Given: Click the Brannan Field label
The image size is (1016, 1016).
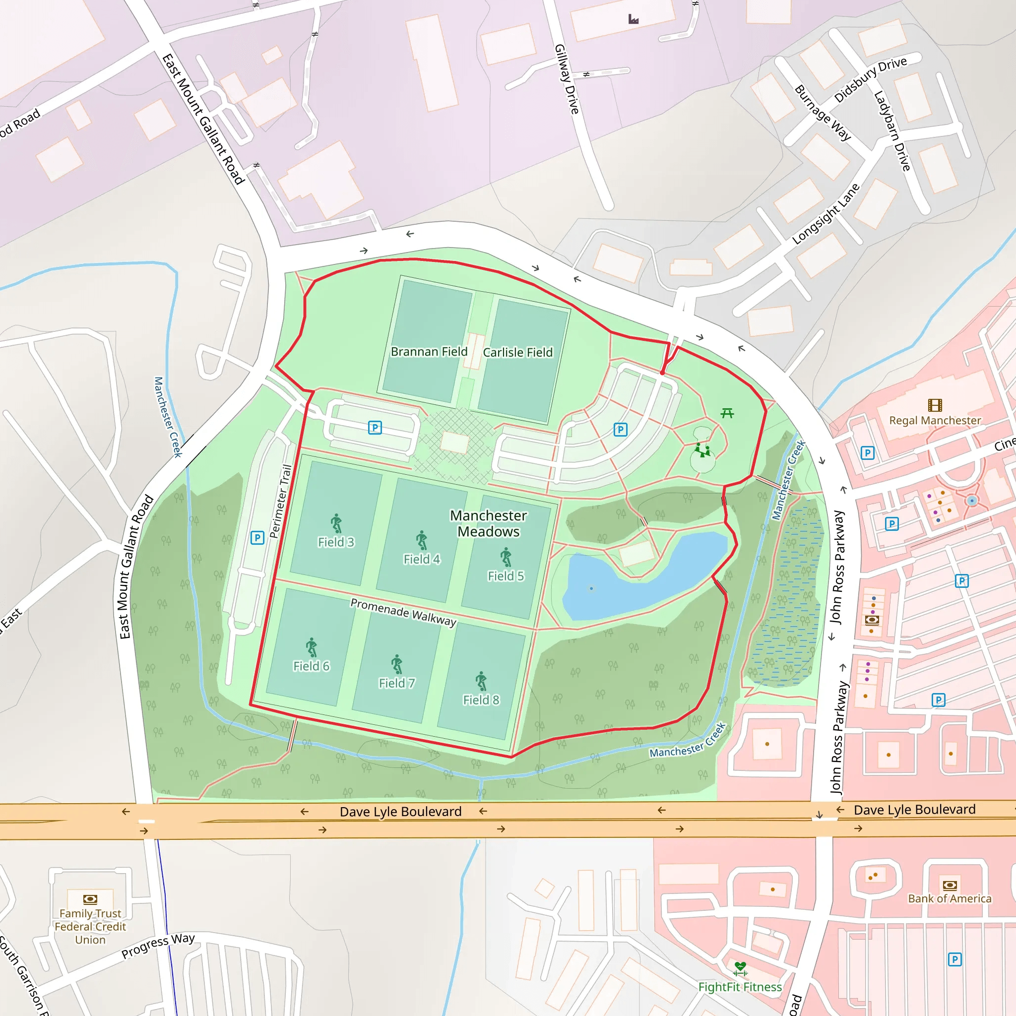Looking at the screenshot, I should [429, 351].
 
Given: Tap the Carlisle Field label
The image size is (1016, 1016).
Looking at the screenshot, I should [517, 352].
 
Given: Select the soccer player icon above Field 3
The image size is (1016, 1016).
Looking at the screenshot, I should [336, 523].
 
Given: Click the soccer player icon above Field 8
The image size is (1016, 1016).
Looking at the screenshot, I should [481, 681].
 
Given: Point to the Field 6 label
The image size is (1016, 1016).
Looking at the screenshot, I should [312, 666].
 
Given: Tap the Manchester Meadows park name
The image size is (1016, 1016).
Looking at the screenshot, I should [488, 523].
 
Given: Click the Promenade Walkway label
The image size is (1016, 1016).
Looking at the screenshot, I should [403, 612].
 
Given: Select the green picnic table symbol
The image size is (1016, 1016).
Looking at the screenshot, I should [727, 413].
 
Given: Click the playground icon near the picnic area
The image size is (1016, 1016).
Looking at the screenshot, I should [702, 449].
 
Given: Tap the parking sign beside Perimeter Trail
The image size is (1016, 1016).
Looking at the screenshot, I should [257, 537].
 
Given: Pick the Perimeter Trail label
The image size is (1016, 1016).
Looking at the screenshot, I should [280, 501].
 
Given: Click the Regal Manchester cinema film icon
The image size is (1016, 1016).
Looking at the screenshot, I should [935, 405].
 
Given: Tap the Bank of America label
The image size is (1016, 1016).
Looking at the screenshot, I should [949, 898].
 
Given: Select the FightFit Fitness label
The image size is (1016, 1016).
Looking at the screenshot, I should [740, 987].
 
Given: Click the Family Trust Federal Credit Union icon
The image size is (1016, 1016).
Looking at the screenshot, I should [90, 899].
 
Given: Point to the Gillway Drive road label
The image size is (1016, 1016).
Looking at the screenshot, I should [567, 79].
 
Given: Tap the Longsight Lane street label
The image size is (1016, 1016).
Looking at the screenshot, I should [825, 213].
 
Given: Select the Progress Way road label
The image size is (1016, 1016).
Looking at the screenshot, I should [158, 946].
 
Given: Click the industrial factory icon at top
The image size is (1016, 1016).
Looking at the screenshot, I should [634, 19].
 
